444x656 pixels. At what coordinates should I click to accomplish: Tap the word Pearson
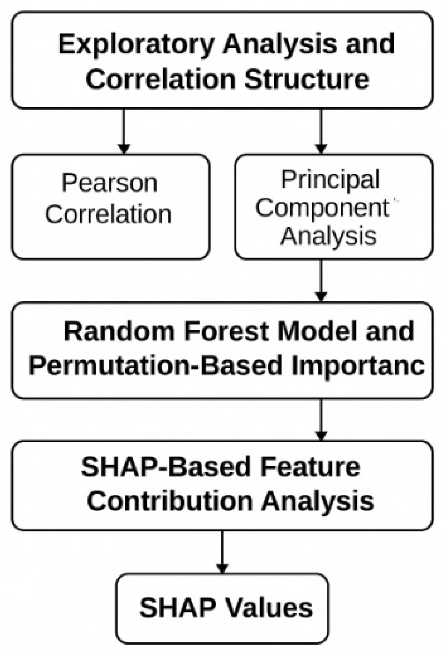[109, 183]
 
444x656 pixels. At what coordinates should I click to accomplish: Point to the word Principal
[330, 180]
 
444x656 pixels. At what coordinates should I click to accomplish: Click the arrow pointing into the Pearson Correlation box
[124, 131]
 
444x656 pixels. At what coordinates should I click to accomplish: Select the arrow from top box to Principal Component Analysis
[321, 131]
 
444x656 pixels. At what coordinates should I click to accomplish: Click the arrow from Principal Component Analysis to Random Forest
[321, 281]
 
